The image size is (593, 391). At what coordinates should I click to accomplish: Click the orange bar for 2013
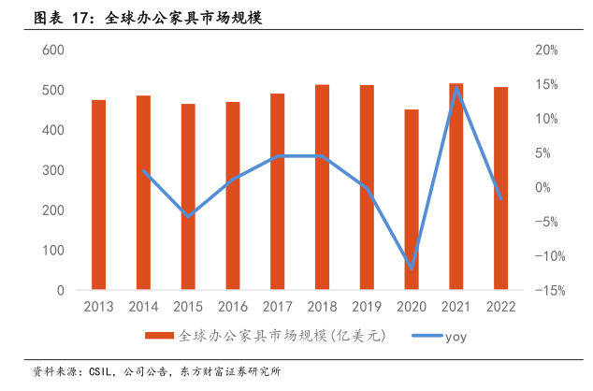coord(98,195)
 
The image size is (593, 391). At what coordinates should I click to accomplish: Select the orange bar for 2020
coord(412,200)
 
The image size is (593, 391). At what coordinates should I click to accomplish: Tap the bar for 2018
coord(322,187)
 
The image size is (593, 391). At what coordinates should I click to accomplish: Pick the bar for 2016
coord(233,195)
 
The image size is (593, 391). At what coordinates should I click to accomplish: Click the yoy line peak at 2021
coord(456,88)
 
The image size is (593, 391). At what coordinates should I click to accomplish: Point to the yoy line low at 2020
coord(412,268)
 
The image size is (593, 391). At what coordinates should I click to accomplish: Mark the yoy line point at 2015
coord(188,216)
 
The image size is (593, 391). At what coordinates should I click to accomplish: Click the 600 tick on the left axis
coord(53,50)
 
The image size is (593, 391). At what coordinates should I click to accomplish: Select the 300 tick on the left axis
coord(53,170)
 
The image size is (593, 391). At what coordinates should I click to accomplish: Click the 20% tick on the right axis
coord(546,50)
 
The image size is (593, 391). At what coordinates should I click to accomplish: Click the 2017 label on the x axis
coord(278,307)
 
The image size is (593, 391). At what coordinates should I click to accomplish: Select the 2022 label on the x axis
coord(500,307)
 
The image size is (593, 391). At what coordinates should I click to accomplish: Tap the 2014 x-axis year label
coord(143,307)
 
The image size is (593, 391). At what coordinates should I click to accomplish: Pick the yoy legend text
coord(456,335)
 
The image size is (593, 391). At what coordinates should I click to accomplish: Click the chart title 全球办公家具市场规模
coord(177,18)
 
